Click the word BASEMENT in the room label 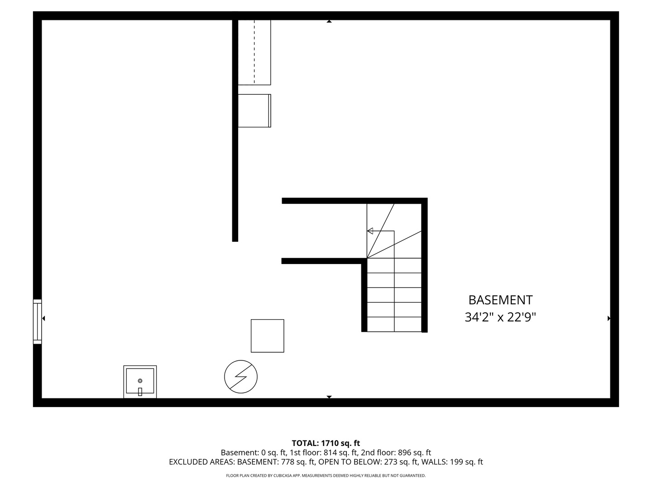(x=500, y=300)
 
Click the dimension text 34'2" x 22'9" (x=500, y=317)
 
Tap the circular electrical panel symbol (x=241, y=377)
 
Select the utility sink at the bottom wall (x=140, y=382)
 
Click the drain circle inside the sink (x=140, y=381)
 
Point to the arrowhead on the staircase (x=370, y=231)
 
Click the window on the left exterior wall (x=37, y=321)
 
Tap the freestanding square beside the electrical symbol (x=268, y=336)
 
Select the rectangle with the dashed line (x=254, y=52)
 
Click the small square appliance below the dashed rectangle (x=254, y=111)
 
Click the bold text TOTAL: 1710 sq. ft (x=326, y=443)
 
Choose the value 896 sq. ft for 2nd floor (x=414, y=452)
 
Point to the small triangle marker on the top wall (x=329, y=21)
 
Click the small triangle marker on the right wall (x=609, y=318)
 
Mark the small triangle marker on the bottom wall (x=329, y=397)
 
